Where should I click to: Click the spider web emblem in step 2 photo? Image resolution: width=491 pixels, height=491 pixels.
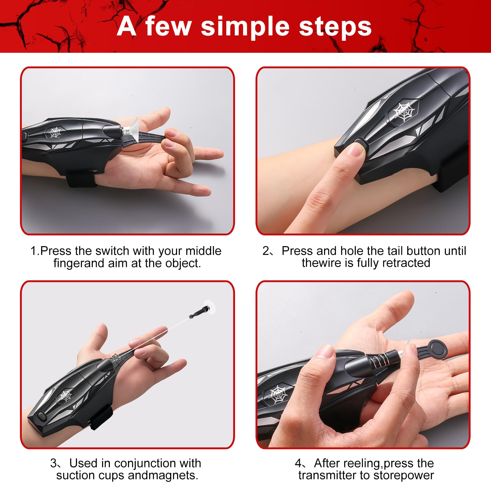(x=404, y=112)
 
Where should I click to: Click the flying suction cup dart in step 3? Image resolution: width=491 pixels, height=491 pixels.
(x=203, y=310)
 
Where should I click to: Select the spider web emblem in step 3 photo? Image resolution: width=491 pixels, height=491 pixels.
(x=65, y=396)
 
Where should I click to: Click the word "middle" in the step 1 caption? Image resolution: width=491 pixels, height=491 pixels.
(x=203, y=251)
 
